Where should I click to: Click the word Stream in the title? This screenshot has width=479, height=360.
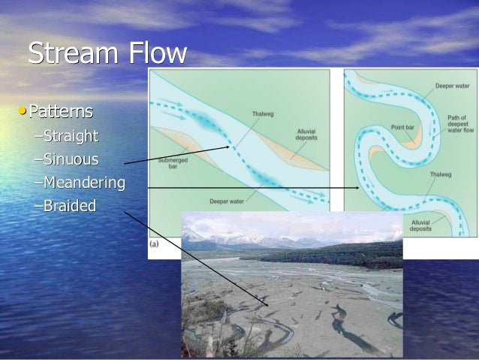pos(71,55)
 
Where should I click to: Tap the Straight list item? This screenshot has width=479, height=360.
pos(71,136)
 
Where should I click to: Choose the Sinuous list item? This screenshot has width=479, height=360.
pos(71,159)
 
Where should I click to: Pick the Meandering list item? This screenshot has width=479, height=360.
pos(83,182)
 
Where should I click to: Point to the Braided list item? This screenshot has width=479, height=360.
pos(70,205)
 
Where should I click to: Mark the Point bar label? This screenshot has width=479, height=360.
pos(403,127)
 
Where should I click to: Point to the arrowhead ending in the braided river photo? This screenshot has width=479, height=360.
pos(269,304)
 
